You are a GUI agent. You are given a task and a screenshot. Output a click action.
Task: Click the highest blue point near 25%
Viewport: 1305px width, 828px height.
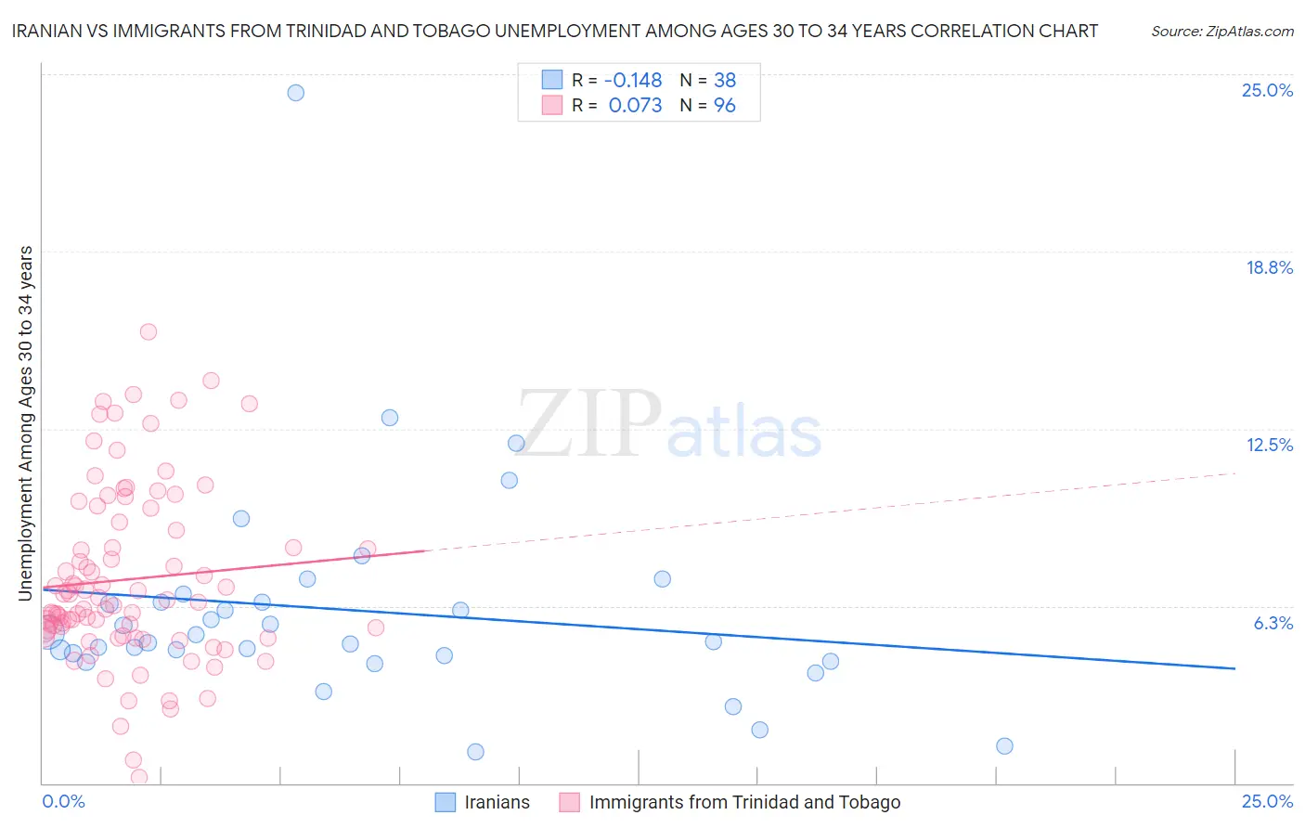pyautogui.click(x=295, y=93)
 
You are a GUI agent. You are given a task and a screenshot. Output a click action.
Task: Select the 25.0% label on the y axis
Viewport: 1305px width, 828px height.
pyautogui.click(x=1267, y=91)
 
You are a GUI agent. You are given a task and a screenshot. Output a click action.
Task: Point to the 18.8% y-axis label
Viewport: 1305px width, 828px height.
pyautogui.click(x=1269, y=268)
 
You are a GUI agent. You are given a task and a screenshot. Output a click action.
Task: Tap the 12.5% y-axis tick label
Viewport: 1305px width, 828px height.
pyautogui.click(x=1269, y=446)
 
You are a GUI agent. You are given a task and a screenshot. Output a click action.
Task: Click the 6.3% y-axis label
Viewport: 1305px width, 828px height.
pyautogui.click(x=1273, y=623)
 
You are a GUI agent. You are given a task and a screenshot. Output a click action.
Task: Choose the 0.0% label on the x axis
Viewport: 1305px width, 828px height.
pyautogui.click(x=63, y=802)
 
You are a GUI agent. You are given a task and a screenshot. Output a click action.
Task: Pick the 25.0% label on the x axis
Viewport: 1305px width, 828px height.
pyautogui.click(x=1267, y=802)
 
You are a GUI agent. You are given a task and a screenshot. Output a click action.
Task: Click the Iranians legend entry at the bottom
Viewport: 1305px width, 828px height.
pyautogui.click(x=497, y=803)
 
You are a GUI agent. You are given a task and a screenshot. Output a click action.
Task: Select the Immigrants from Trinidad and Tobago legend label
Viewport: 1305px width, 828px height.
pyautogui.click(x=744, y=803)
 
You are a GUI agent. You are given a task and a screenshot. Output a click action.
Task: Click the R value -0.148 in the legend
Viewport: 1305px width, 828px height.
pyautogui.click(x=633, y=81)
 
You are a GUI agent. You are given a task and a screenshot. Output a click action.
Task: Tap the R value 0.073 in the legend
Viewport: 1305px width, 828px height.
pyautogui.click(x=635, y=106)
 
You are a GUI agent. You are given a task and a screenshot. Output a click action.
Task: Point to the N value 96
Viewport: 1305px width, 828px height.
pyautogui.click(x=724, y=106)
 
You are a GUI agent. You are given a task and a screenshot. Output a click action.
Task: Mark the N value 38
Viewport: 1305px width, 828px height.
pyautogui.click(x=724, y=81)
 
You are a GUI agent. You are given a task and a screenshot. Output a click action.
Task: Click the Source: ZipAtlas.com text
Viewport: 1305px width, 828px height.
pyautogui.click(x=1221, y=32)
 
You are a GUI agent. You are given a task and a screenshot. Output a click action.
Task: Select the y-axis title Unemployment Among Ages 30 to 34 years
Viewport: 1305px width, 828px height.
pyautogui.click(x=26, y=423)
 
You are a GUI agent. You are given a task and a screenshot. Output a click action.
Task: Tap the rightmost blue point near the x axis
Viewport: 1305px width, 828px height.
pyautogui.click(x=1004, y=746)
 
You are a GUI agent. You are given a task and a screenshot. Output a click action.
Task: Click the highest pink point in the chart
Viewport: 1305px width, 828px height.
pyautogui.click(x=148, y=332)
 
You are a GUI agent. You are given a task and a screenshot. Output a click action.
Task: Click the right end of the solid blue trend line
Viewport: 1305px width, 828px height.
pyautogui.click(x=1234, y=668)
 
